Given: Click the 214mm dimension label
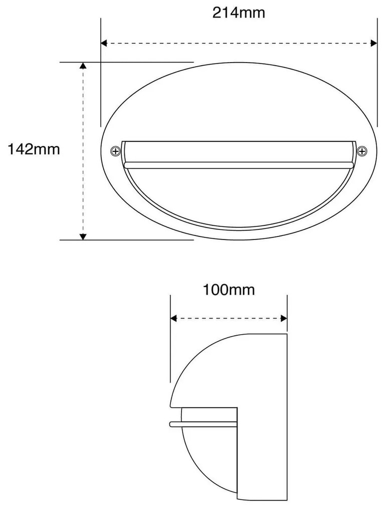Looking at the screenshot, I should [239, 13].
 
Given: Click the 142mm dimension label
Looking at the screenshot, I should [34, 149].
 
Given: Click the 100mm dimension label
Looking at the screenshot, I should [229, 290].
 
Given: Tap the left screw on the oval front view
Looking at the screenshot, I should [116, 150].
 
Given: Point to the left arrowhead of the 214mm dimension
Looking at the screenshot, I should [104, 44].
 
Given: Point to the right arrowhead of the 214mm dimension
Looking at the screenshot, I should [373, 44].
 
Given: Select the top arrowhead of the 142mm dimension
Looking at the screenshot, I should [83, 66].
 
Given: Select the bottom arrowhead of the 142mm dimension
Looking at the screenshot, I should [83, 236].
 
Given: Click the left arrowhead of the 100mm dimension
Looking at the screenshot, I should [174, 318].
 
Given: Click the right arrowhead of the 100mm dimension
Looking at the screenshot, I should [284, 318].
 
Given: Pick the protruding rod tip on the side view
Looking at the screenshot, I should [171, 424].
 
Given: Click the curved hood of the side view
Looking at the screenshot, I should [211, 366].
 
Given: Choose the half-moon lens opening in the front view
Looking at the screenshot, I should [239, 195].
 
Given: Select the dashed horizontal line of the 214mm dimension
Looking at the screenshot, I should [239, 44].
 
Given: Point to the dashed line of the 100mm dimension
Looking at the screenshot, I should [229, 318].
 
